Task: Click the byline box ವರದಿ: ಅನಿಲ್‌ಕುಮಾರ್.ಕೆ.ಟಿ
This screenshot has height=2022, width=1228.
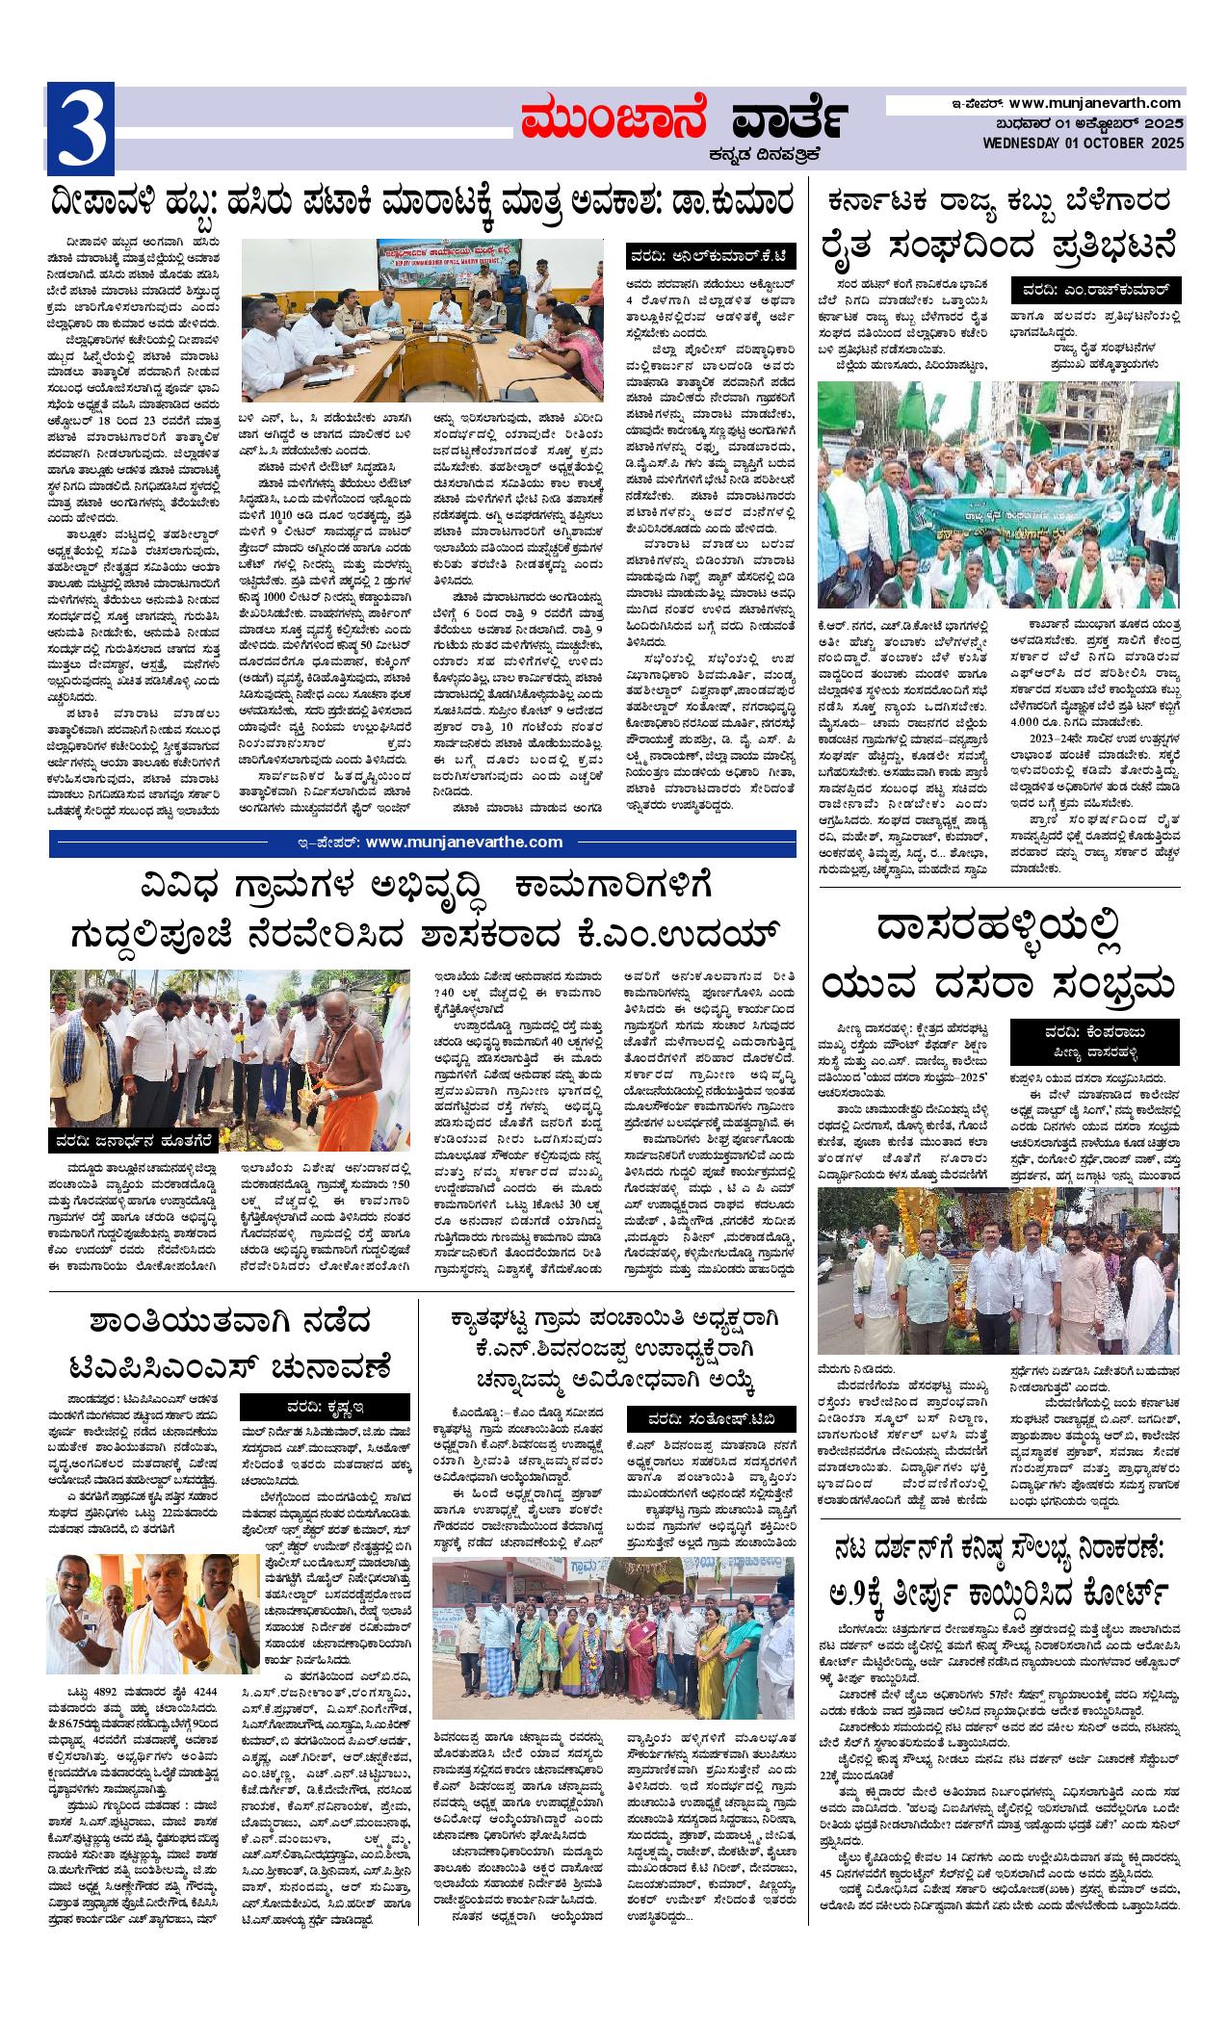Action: point(711,255)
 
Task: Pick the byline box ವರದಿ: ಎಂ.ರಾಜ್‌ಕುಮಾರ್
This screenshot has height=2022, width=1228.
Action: point(1095,289)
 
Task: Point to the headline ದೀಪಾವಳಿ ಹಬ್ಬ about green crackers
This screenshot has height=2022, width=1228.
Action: point(424,203)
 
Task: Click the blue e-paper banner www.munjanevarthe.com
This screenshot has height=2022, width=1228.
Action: point(424,842)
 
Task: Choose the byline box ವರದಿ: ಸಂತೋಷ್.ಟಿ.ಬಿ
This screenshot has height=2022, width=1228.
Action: point(712,1420)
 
